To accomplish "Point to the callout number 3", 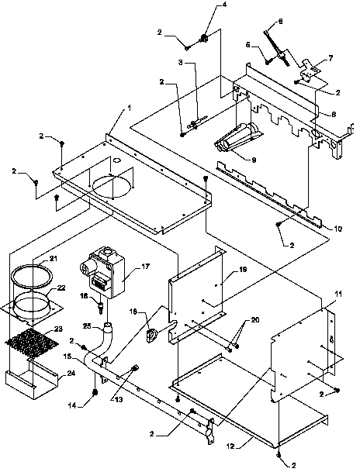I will click(x=181, y=61).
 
